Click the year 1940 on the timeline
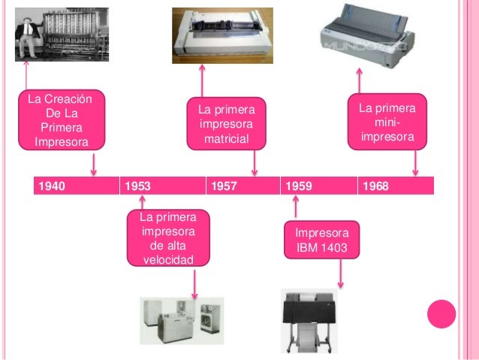click(x=52, y=186)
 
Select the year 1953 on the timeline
click(x=138, y=186)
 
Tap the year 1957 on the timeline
click(x=224, y=186)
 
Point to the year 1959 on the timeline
click(x=299, y=186)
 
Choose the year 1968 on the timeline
click(x=375, y=186)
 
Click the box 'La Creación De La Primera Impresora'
click(x=62, y=120)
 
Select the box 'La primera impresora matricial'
click(x=227, y=124)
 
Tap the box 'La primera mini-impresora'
click(x=387, y=122)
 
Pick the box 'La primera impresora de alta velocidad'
click(x=168, y=238)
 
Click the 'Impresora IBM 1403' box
click(x=321, y=240)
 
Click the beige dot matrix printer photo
click(x=222, y=35)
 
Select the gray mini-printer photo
click(x=367, y=35)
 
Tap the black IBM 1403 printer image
click(x=309, y=321)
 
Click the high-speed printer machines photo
click(x=182, y=321)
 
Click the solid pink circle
click(x=441, y=314)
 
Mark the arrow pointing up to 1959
click(x=295, y=207)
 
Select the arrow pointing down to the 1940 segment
click(x=94, y=165)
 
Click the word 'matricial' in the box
click(x=227, y=139)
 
